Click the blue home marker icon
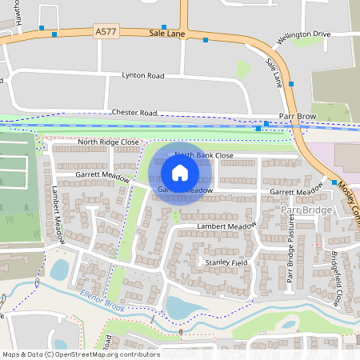click(x=180, y=172)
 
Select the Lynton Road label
click(x=142, y=75)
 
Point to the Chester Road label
click(x=134, y=113)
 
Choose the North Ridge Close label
click(x=107, y=142)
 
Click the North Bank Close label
click(x=203, y=155)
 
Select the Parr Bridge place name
click(x=306, y=209)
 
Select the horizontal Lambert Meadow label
click(x=226, y=227)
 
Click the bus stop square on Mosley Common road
click(x=334, y=182)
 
